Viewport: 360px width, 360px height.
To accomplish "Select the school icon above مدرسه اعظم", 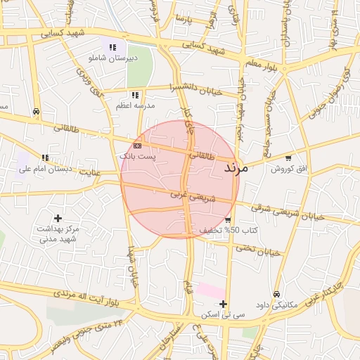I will coord(134,95).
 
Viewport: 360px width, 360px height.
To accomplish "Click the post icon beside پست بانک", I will coord(137,145).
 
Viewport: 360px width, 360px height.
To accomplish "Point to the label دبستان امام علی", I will coord(41,169).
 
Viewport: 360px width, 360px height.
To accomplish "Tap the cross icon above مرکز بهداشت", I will coord(58,219).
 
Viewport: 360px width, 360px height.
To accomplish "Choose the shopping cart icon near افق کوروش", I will coord(288,158).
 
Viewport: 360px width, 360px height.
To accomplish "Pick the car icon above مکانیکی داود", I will coord(277,295).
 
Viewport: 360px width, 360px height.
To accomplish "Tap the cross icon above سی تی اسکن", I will coord(223,304).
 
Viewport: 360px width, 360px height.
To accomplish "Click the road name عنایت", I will coord(90,171).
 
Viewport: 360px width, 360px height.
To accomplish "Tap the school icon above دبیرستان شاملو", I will coord(112,47).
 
